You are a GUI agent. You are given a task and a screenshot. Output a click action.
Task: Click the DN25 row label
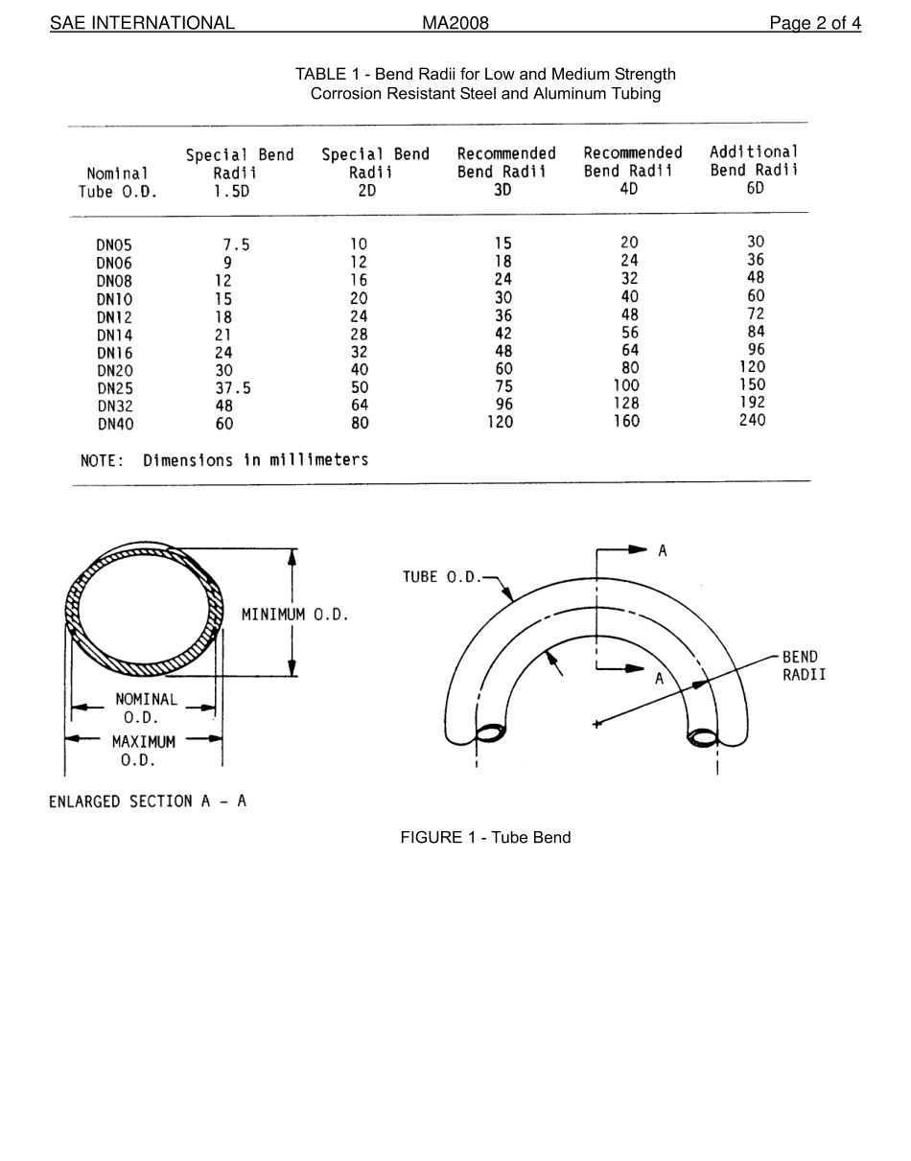click(114, 388)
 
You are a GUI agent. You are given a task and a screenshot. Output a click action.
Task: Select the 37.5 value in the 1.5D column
click(233, 388)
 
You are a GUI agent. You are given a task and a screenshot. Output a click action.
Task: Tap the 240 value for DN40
click(752, 420)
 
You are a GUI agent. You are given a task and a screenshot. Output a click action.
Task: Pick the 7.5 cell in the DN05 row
click(236, 244)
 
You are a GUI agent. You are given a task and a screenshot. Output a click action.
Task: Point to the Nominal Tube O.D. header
click(117, 182)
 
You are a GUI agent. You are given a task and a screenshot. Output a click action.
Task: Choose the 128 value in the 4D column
click(626, 404)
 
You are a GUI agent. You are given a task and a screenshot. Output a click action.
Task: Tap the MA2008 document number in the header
click(455, 23)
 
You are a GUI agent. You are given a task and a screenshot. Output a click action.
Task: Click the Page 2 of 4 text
click(814, 23)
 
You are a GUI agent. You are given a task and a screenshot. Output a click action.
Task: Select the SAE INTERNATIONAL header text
click(142, 23)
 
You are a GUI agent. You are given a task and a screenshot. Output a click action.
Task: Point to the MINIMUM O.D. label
click(294, 615)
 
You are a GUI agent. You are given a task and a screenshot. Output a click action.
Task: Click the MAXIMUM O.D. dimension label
click(143, 751)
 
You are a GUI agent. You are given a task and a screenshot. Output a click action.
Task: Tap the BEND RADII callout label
click(803, 665)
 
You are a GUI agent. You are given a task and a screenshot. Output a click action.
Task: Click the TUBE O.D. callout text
click(442, 577)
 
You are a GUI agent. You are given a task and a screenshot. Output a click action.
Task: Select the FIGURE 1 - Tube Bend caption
click(485, 837)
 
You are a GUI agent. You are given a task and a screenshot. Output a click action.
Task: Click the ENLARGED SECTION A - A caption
click(148, 801)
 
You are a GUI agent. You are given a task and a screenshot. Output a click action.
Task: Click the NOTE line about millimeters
click(224, 460)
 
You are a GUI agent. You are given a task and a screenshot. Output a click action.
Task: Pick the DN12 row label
click(114, 317)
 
